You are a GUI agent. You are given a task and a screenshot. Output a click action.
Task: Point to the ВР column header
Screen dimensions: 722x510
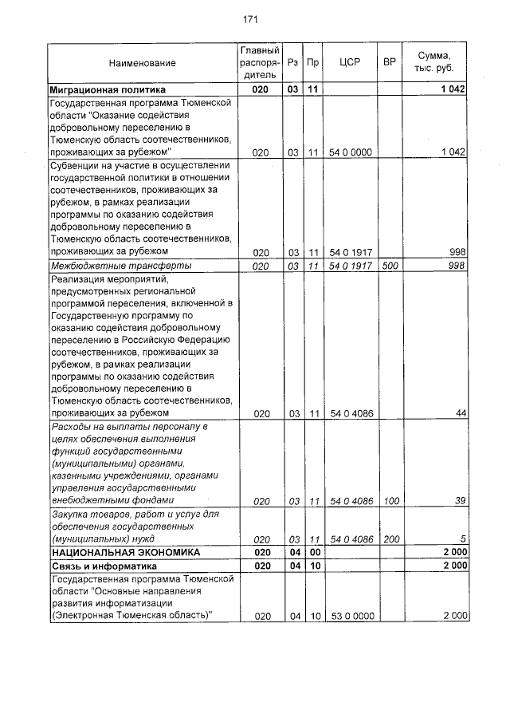(390, 62)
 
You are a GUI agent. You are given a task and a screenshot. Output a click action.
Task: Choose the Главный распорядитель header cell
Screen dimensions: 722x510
(260, 62)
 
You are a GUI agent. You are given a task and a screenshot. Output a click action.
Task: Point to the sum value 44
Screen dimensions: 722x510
(461, 413)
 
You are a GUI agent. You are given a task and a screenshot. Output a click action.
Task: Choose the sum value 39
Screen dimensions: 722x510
(461, 501)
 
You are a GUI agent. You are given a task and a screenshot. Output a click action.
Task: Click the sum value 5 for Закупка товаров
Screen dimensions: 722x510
(463, 539)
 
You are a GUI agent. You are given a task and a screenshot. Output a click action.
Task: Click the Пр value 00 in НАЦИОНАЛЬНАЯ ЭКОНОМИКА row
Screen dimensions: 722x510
(314, 552)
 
